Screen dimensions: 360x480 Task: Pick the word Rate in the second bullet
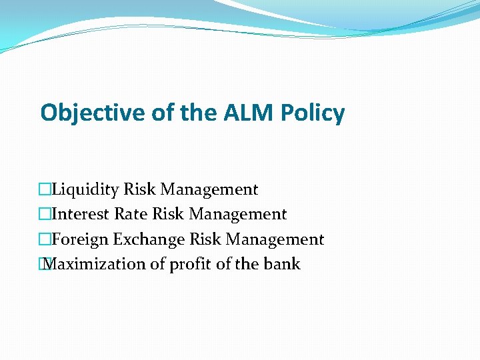pos(131,215)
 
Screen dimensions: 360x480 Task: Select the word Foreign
pos(80,239)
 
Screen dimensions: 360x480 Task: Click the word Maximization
pos(95,264)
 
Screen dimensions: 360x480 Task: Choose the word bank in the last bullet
pos(282,264)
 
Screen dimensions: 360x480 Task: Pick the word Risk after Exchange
pos(205,239)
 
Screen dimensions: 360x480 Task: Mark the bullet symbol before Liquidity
pos(45,190)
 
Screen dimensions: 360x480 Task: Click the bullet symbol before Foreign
pos(45,239)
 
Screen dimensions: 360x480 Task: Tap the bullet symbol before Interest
pos(45,215)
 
